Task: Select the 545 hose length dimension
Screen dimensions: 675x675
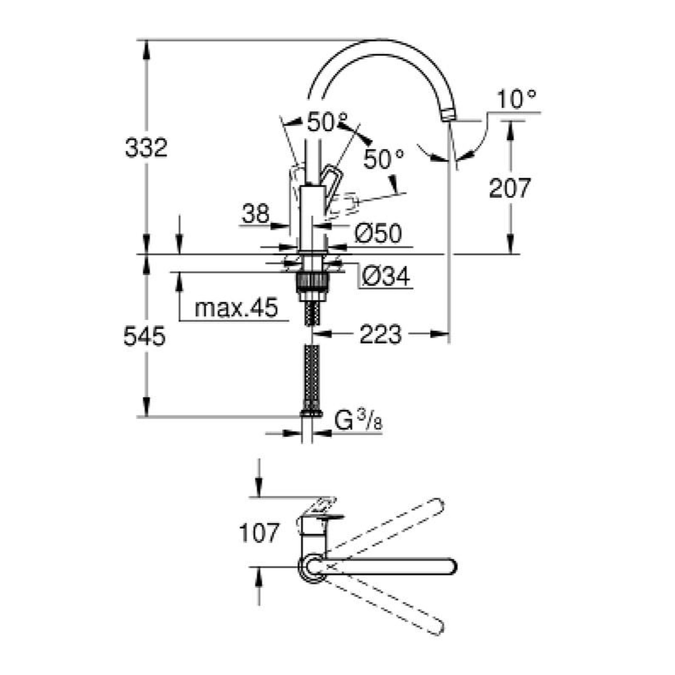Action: click(145, 337)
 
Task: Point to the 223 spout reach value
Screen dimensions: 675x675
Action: click(381, 334)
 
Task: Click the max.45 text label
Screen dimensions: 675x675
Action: click(236, 308)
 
